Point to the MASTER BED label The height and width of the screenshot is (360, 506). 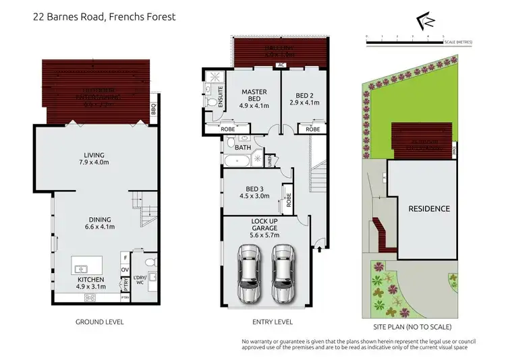pyautogui.click(x=254, y=98)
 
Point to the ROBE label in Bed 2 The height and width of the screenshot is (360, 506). pyautogui.click(x=312, y=129)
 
